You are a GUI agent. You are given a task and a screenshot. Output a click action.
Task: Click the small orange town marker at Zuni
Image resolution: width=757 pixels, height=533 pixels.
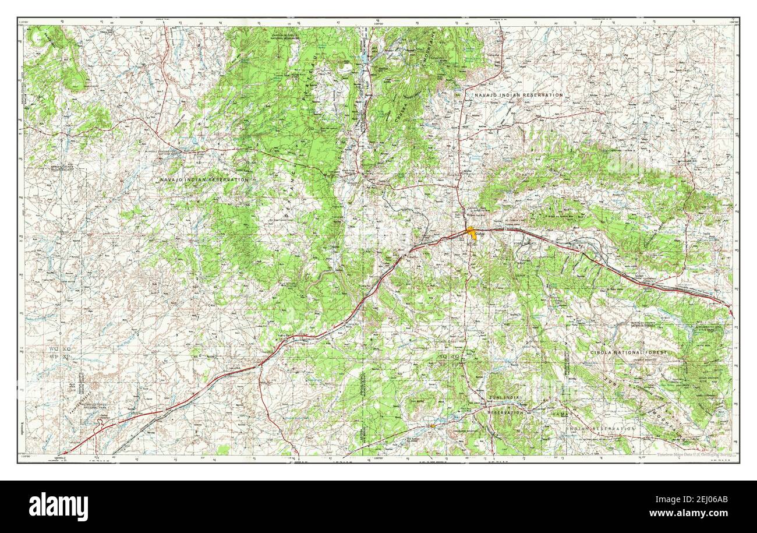[432, 426]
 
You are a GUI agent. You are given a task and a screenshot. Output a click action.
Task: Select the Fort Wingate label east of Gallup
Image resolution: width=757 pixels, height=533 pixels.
[524, 243]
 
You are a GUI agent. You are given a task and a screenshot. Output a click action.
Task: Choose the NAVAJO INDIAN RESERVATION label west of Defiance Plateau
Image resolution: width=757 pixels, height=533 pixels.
[204, 180]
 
